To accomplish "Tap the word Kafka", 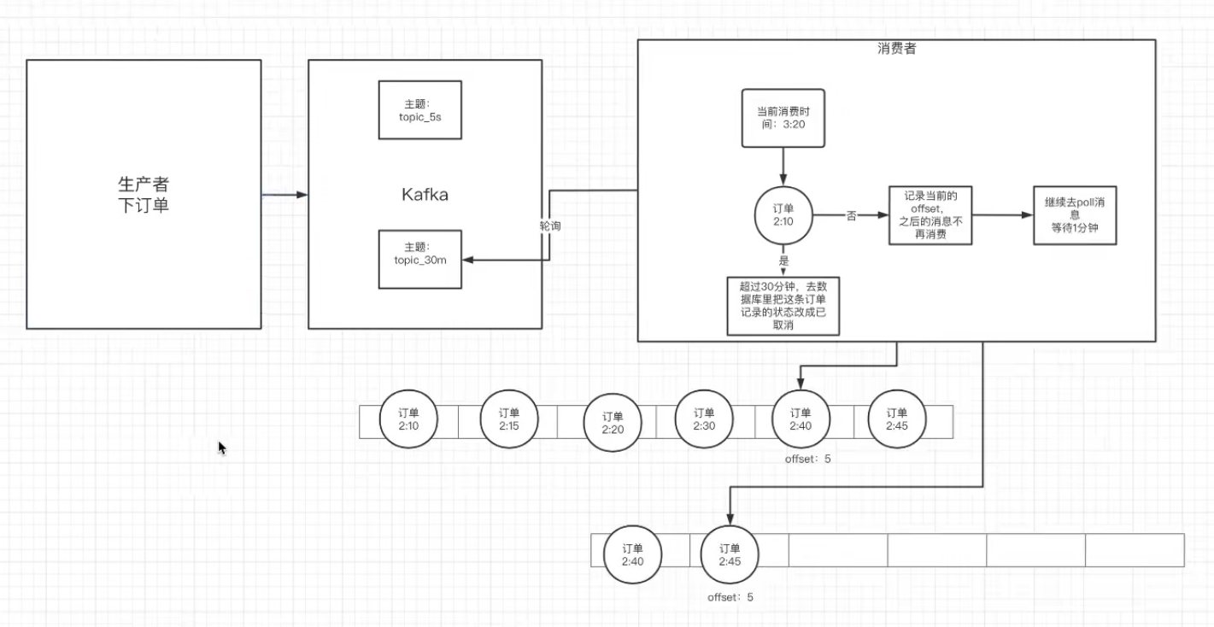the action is (425, 195).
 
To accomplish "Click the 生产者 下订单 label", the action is (144, 195).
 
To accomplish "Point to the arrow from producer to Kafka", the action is (284, 195).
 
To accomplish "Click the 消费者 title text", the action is (896, 49).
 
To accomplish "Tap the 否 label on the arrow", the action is (852, 215).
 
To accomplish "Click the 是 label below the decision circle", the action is (783, 261).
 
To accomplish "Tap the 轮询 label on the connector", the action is (550, 226).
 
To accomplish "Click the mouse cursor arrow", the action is (221, 448).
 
